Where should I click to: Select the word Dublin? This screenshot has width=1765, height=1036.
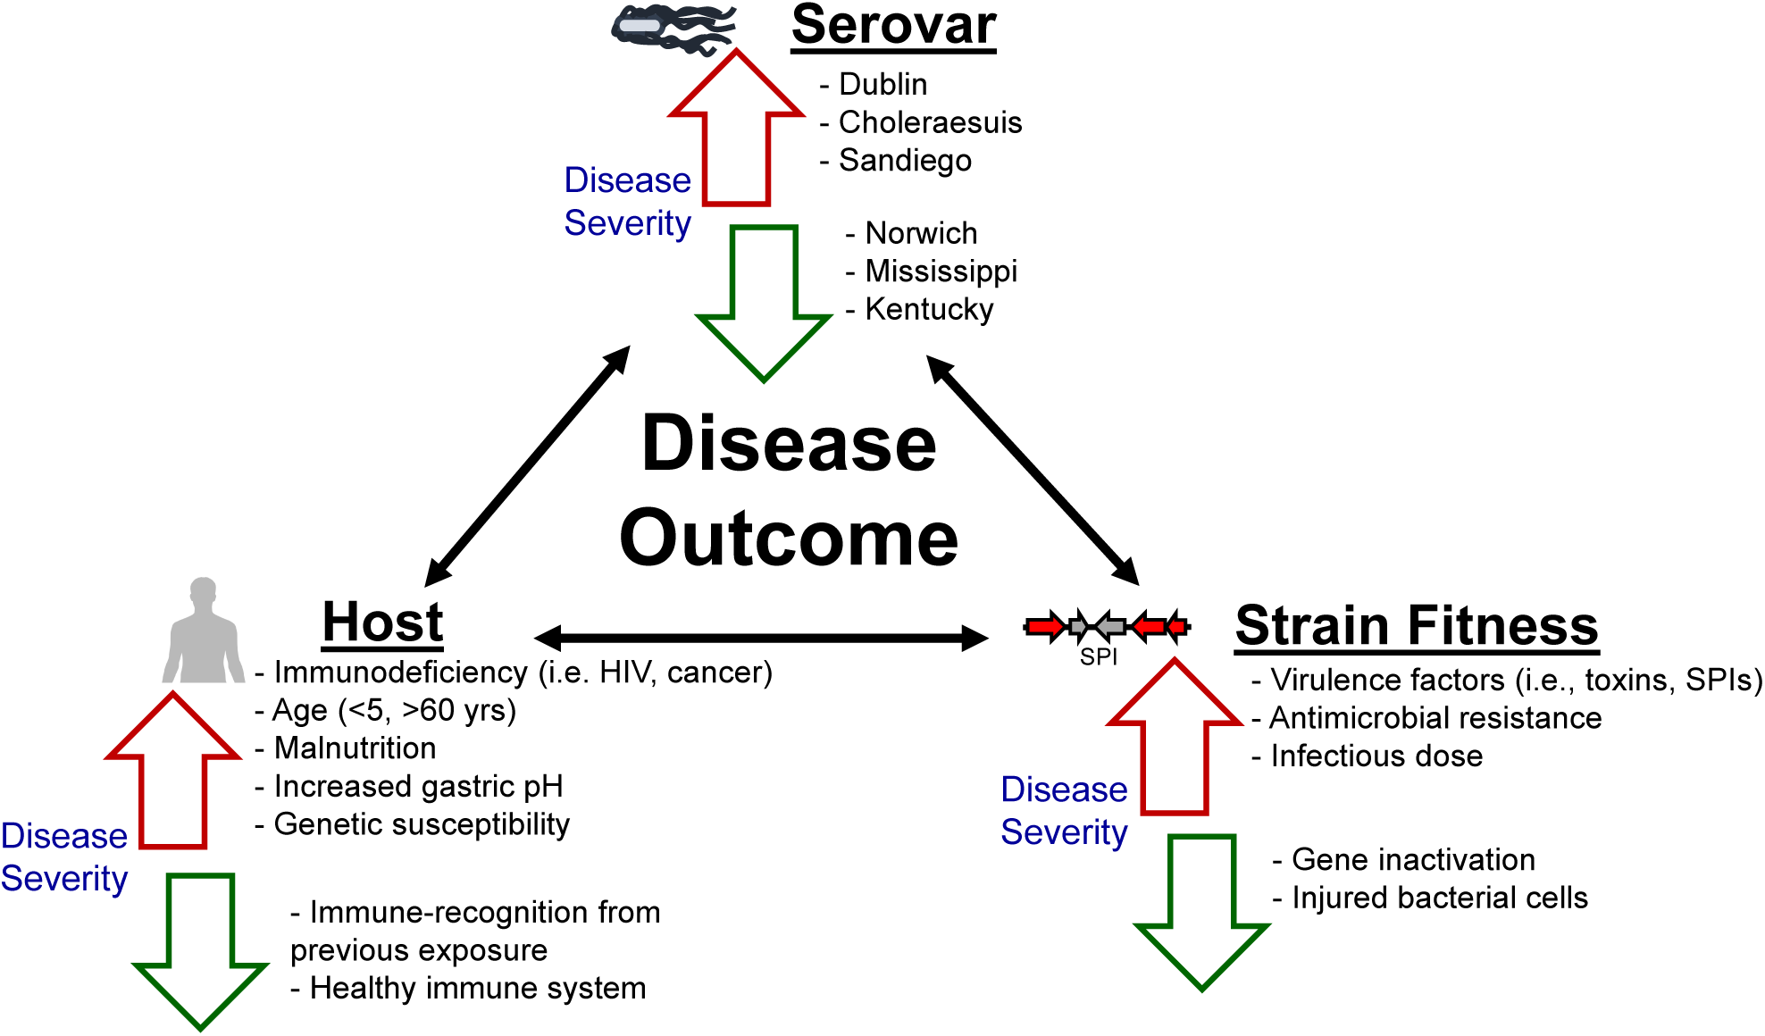point(882,84)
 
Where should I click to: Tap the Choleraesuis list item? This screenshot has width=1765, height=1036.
point(929,122)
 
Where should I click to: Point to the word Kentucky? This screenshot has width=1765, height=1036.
point(929,309)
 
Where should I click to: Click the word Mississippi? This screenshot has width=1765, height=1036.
point(941,271)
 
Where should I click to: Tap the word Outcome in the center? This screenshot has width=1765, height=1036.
point(789,539)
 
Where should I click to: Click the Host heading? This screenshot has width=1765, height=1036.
point(382,622)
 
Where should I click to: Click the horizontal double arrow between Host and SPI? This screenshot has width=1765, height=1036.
point(761,638)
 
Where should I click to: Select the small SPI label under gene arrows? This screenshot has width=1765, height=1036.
point(1099,657)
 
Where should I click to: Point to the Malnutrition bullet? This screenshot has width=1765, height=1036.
point(355,748)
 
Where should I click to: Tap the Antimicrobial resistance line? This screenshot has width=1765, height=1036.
point(1435,718)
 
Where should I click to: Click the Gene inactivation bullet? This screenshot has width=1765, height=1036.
point(1413,860)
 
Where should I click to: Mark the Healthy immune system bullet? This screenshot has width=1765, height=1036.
point(477,989)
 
